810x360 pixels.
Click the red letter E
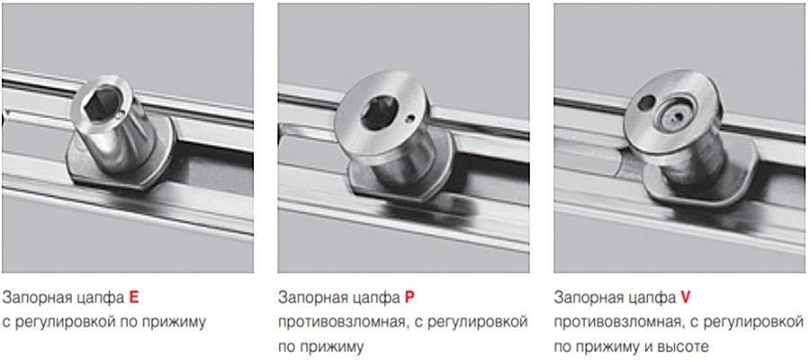pos(134,298)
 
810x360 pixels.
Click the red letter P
pos(409,298)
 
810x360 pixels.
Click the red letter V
pos(686,298)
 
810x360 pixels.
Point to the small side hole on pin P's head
pos(409,119)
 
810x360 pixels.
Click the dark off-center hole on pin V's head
pos(646,103)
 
